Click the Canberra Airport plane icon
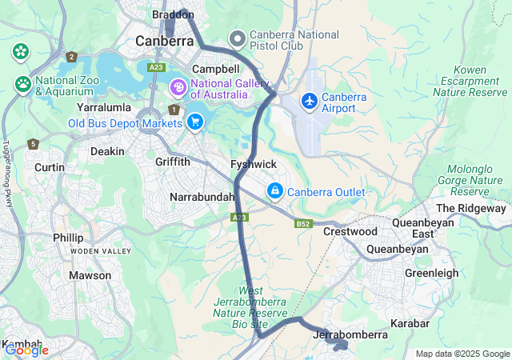pyautogui.click(x=309, y=102)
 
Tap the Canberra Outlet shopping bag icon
pyautogui.click(x=274, y=191)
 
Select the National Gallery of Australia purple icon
pyautogui.click(x=177, y=86)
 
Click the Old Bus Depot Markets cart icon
pyautogui.click(x=194, y=122)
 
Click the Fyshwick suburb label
pyautogui.click(x=253, y=164)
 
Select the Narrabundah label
pyautogui.click(x=202, y=197)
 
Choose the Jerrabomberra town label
pyautogui.click(x=352, y=334)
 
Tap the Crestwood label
pyautogui.click(x=350, y=231)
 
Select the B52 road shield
pyautogui.click(x=302, y=224)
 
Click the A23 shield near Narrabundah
pyautogui.click(x=239, y=217)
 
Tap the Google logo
pyautogui.click(x=26, y=350)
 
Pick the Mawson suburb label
pyautogui.click(x=90, y=275)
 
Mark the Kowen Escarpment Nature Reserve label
pyautogui.click(x=470, y=82)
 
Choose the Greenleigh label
pyautogui.click(x=432, y=273)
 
